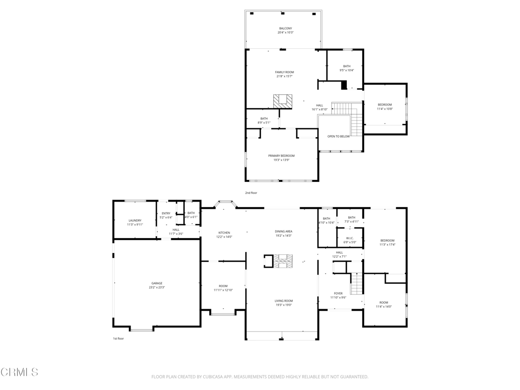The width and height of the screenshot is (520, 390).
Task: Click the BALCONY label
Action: coord(285,28)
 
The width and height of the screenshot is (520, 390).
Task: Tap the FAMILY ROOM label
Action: coord(284,72)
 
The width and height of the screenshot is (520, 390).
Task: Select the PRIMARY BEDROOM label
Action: coord(281,156)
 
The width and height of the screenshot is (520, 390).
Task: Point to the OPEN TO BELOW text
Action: coord(338,137)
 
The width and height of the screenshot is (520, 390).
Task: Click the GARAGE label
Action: coord(156,283)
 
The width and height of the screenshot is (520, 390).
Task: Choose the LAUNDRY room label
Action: coord(135,220)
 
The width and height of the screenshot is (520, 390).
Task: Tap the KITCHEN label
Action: coord(224,233)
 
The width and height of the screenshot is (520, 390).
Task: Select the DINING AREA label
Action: coord(283,232)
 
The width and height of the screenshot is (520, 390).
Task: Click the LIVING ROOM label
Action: coord(283,301)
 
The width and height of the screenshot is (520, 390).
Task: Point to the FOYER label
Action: coord(338,294)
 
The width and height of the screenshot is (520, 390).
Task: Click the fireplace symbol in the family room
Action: coord(283,101)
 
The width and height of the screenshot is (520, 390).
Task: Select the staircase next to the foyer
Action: coord(357,283)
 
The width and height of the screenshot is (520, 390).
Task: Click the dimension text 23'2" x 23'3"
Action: coord(156,288)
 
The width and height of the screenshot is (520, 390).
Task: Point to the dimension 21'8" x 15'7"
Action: coord(284,77)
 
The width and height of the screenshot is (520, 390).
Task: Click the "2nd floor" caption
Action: coord(251,193)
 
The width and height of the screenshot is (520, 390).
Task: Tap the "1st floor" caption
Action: coord(118,339)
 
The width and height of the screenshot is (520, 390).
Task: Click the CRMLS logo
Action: coord(19,372)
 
